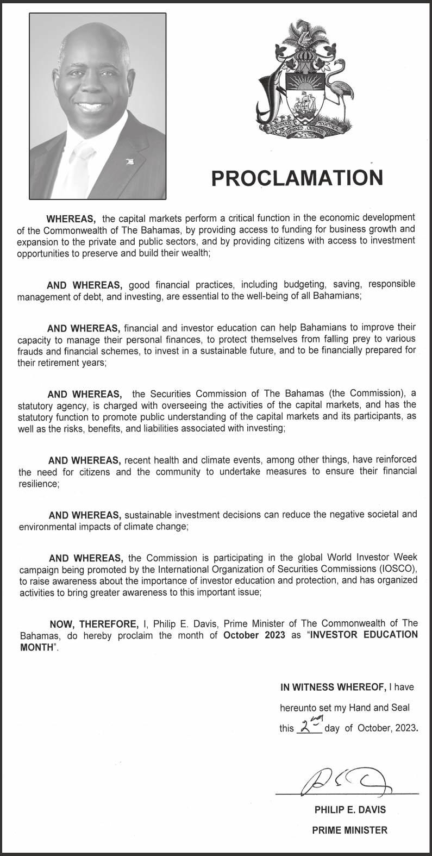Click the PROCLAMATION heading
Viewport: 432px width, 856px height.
click(297, 178)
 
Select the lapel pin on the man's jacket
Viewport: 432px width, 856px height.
click(129, 160)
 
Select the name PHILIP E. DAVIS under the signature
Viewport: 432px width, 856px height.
click(350, 809)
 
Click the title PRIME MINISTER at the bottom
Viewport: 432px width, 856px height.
click(349, 830)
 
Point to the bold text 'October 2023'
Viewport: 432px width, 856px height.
click(254, 635)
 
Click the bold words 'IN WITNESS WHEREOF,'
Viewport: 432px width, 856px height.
click(333, 687)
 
